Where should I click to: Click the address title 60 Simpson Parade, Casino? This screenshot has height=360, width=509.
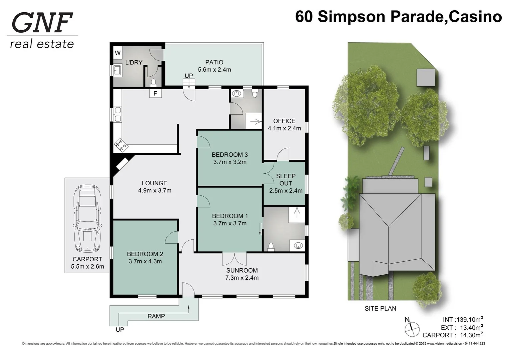click(x=398, y=17)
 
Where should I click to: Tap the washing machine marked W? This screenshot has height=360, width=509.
click(x=118, y=53)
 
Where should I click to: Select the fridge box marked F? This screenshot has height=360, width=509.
click(x=155, y=94)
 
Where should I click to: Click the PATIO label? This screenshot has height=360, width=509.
click(x=214, y=62)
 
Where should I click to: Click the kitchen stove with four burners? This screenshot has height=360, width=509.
click(x=121, y=145)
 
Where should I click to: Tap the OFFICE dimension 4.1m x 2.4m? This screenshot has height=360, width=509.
click(x=284, y=128)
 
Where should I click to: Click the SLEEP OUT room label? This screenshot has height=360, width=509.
click(x=286, y=180)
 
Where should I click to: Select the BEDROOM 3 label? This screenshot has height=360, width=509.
click(x=229, y=155)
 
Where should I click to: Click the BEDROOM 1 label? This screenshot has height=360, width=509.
click(x=230, y=216)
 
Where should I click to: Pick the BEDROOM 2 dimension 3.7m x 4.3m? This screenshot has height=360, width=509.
click(x=145, y=261)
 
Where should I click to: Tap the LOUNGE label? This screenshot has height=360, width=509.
click(x=154, y=183)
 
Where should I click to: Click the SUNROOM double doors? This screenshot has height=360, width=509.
click(x=234, y=259)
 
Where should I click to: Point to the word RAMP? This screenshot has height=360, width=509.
click(x=156, y=316)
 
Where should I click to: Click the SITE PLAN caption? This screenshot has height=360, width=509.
click(x=380, y=309)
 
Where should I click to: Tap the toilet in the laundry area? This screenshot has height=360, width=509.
click(x=153, y=82)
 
